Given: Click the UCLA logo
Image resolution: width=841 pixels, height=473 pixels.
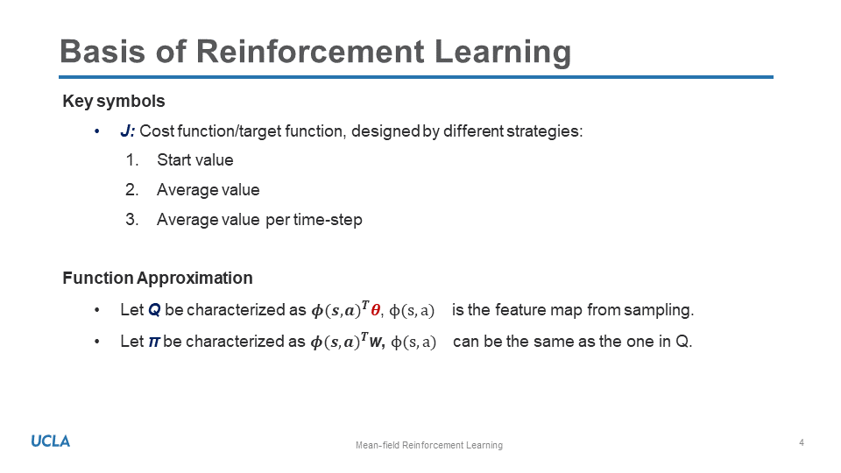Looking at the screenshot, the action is (x=51, y=441).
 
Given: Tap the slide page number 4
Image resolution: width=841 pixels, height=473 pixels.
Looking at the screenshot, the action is (x=802, y=442).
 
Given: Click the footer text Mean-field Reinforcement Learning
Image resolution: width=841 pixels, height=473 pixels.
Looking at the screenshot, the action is (x=429, y=445).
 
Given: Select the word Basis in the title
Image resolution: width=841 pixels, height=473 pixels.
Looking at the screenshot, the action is (x=102, y=52).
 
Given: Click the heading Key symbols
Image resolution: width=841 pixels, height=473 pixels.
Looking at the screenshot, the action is (x=114, y=102).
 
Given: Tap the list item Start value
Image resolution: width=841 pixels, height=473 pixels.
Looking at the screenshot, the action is (x=195, y=159).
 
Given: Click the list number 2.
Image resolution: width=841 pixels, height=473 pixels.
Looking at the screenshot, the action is (x=132, y=190).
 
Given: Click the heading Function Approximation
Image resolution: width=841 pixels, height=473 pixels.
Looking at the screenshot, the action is (x=158, y=278).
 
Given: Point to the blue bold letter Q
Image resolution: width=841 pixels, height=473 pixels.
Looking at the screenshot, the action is (x=154, y=310).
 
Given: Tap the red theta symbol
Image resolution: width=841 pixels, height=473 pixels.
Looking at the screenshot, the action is (x=376, y=310).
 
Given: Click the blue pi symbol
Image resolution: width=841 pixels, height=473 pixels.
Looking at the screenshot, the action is (x=154, y=342).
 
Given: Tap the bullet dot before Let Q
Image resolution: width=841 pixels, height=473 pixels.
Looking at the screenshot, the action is (x=97, y=310).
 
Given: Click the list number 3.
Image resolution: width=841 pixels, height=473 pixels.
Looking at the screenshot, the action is (x=132, y=220).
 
